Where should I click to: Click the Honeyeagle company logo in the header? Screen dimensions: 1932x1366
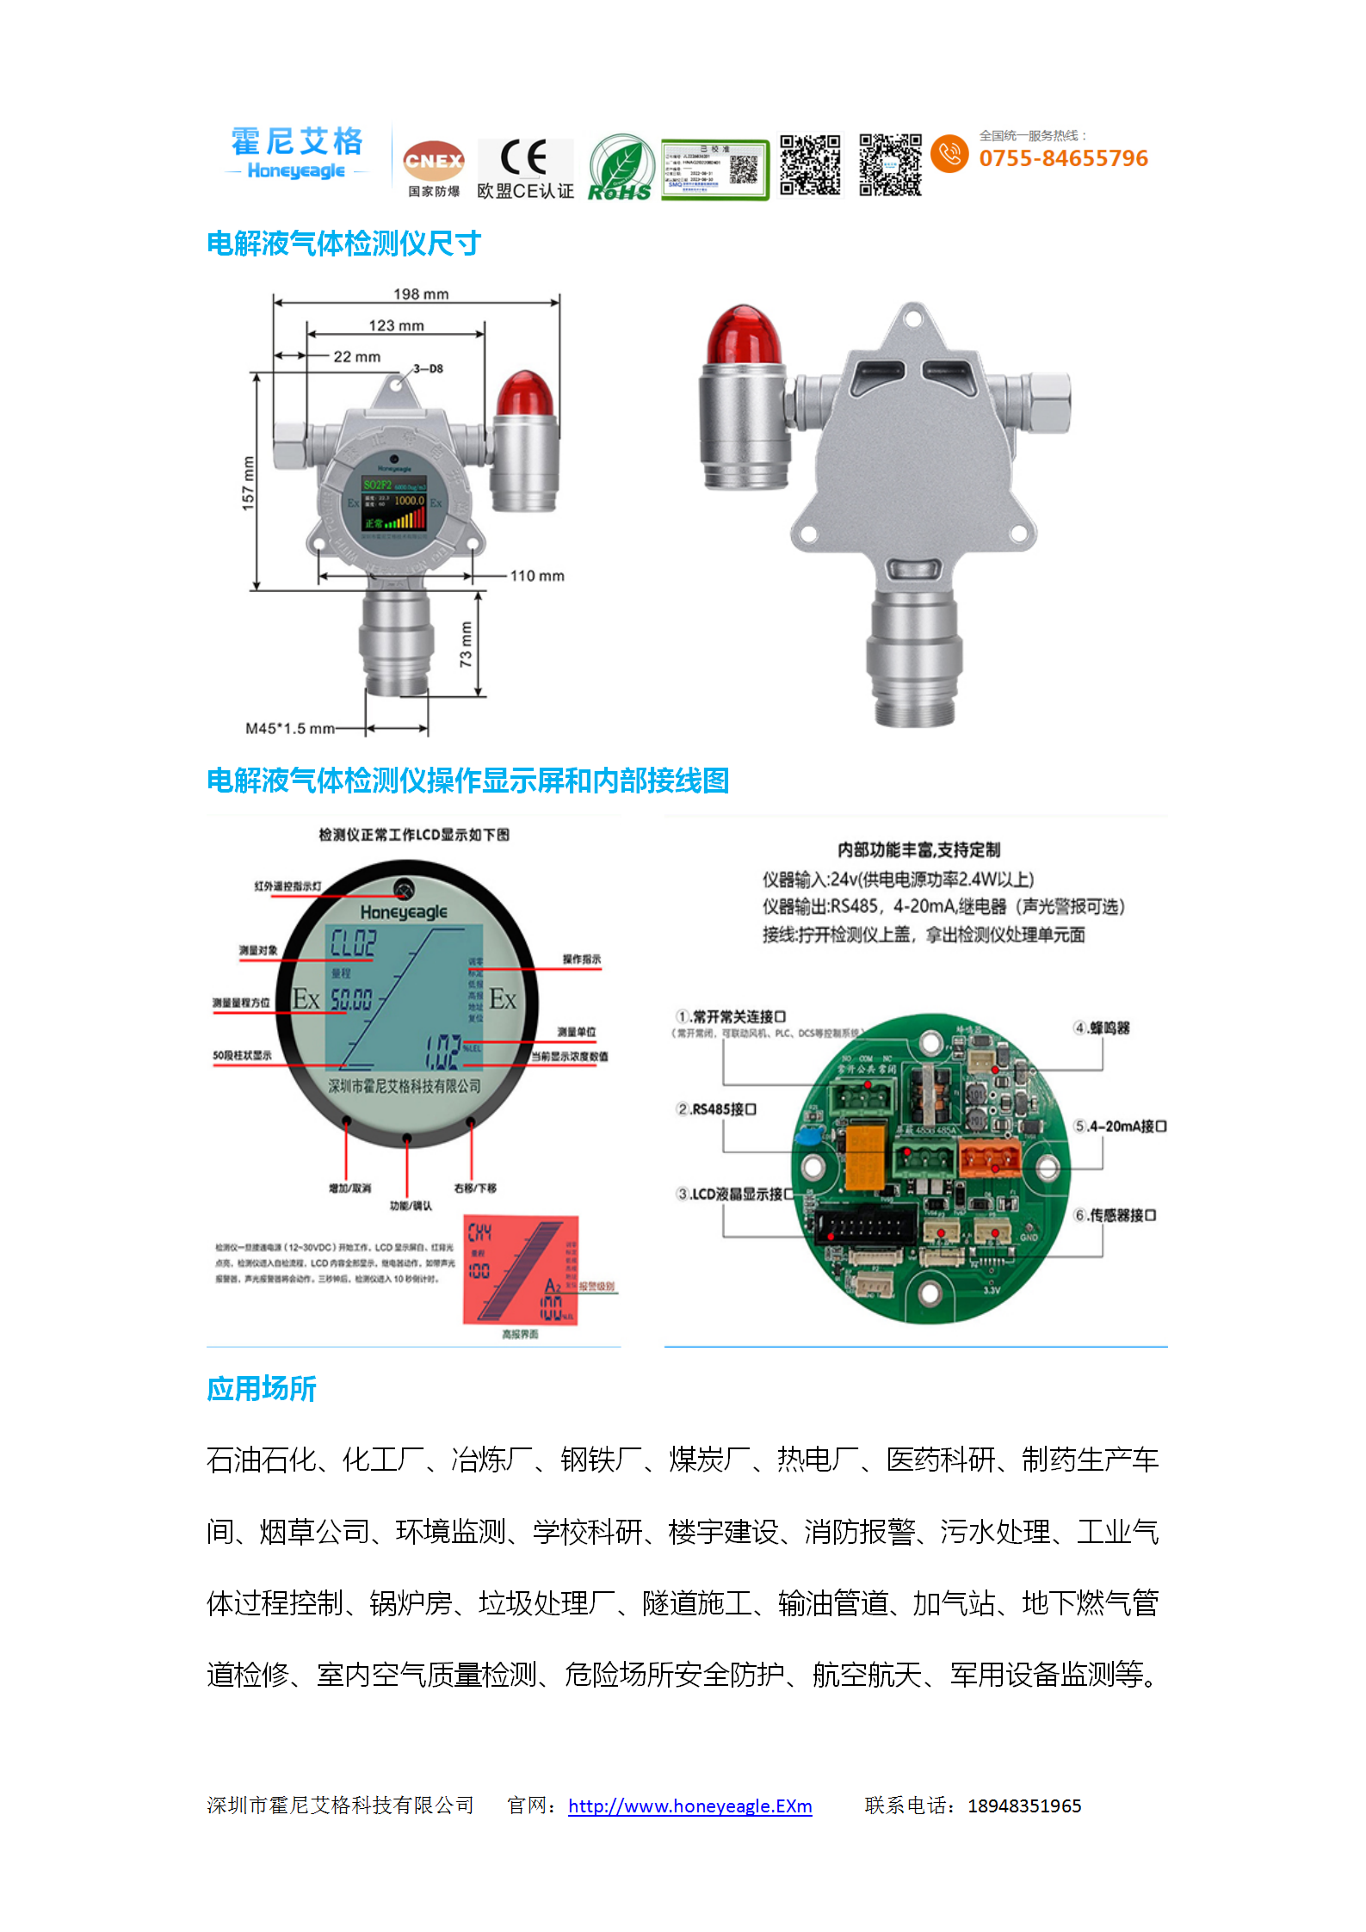pos(296,153)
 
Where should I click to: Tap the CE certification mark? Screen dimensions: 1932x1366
pos(524,158)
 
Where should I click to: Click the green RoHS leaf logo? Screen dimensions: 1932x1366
pos(620,168)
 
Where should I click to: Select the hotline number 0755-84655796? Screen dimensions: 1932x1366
pos(1063,158)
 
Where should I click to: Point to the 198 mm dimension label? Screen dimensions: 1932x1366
pos(421,294)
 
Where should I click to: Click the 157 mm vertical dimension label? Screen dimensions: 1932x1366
pos(249,483)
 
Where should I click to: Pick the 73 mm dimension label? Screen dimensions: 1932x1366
pos(466,645)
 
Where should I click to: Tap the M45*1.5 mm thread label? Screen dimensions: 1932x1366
pos(289,729)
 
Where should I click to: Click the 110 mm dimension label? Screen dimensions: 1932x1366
pos(537,576)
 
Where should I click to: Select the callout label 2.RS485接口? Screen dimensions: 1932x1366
pos(715,1109)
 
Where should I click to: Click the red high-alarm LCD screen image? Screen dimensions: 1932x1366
pos(521,1269)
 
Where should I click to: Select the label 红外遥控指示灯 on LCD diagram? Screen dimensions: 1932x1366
pos(287,886)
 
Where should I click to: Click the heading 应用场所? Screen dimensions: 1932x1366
pos(262,1389)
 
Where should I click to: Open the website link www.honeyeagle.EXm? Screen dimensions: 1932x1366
pos(689,1805)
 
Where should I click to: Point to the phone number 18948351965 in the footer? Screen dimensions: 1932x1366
pos(1023,1805)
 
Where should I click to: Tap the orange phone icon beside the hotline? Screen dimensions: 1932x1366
pos(949,153)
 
